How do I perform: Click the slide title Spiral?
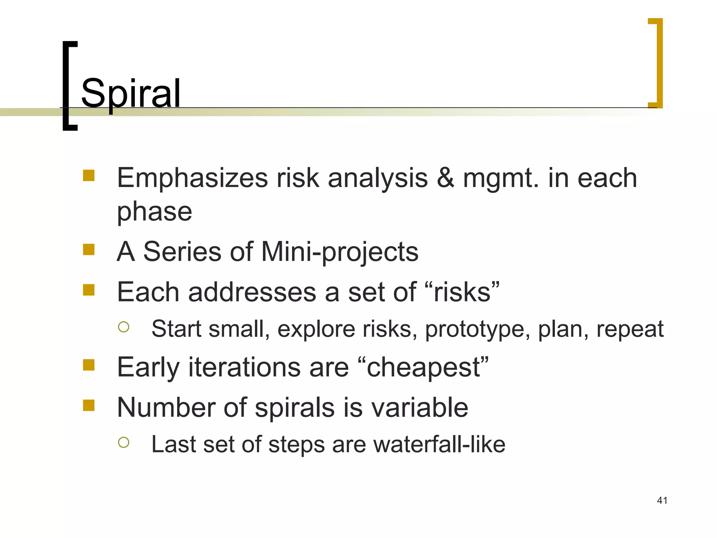(x=130, y=93)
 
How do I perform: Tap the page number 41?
(x=662, y=500)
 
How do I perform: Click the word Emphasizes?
(x=192, y=178)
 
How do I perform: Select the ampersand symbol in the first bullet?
(x=445, y=178)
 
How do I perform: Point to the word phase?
(x=154, y=212)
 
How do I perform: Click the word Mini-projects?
(x=340, y=252)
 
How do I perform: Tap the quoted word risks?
(x=462, y=292)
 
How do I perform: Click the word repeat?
(x=629, y=329)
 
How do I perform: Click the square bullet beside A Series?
(x=89, y=250)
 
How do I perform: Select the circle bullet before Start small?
(x=124, y=327)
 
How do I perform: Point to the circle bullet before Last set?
(x=124, y=442)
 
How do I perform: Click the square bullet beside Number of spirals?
(x=89, y=405)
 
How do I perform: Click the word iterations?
(x=244, y=367)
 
